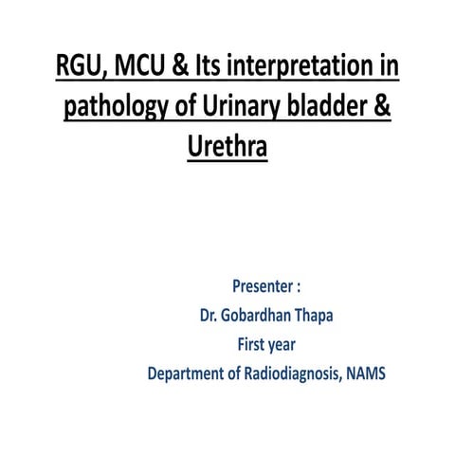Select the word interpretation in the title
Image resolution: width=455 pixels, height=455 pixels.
coord(305,68)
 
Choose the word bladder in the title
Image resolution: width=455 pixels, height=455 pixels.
coord(324,107)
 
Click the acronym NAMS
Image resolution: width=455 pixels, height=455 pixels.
coord(368,373)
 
